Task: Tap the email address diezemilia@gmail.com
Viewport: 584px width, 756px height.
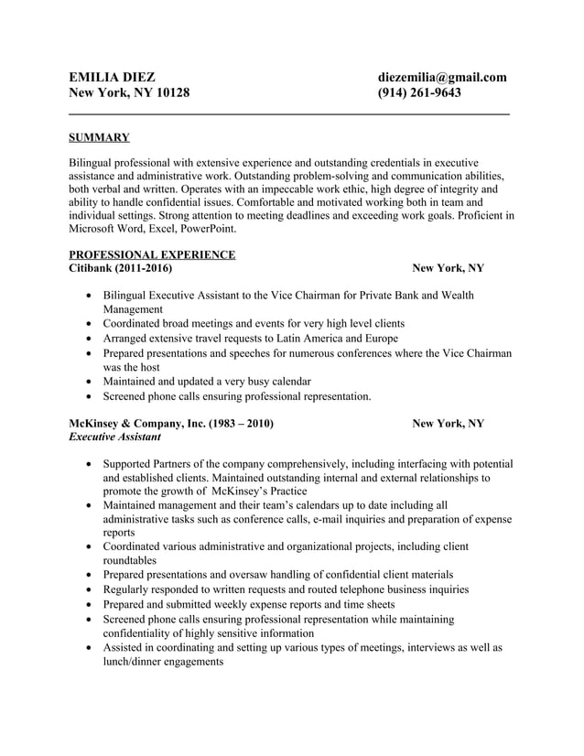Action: point(442,77)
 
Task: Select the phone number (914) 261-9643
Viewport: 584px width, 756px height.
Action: point(419,93)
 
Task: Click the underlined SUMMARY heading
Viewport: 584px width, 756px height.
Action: point(99,138)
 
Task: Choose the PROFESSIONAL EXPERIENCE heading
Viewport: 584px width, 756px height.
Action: point(152,254)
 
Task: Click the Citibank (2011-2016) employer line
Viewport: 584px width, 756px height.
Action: point(120,268)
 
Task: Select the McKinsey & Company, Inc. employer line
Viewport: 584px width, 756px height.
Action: point(171,424)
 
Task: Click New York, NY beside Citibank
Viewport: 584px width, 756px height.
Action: point(448,268)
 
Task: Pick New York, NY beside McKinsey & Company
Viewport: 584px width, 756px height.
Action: point(448,424)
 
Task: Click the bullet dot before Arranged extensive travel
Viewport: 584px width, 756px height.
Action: point(87,339)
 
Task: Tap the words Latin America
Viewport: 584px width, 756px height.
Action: point(316,338)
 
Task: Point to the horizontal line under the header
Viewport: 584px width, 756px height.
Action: point(289,113)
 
